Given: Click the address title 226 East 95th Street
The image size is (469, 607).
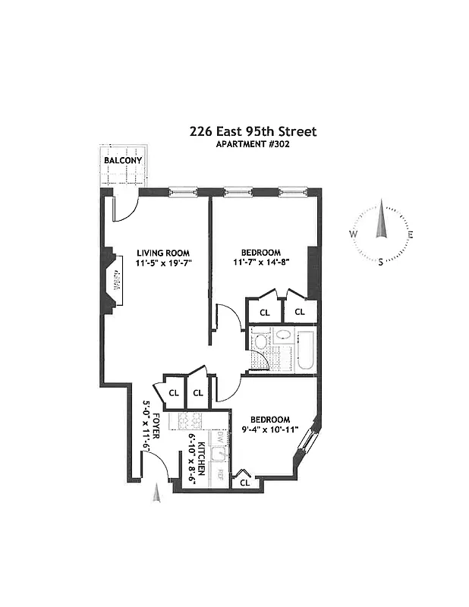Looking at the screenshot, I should coord(253,131).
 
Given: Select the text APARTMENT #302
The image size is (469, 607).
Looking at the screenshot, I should coord(253,144).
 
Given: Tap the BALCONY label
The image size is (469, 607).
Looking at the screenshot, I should coord(123,161).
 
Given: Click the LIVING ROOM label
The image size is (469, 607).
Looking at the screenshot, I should coord(162,253).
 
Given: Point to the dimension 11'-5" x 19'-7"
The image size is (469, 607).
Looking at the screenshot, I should coord(163,264).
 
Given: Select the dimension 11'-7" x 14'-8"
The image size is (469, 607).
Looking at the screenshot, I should coord(261,264).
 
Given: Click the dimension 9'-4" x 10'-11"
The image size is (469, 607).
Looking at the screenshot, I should coord(270,431).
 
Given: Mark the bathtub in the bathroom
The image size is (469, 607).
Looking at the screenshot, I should coord(306,351).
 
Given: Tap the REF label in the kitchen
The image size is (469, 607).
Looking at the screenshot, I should coord(220,475).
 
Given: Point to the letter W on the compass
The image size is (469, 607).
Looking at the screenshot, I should coord(354,234).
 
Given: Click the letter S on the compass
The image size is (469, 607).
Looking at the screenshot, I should coord(381,262).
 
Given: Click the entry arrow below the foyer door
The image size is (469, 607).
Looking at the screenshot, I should coord(157,494).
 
